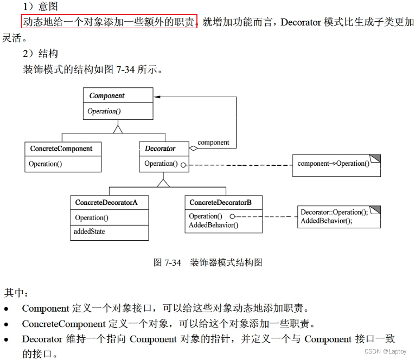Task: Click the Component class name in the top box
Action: click(x=107, y=95)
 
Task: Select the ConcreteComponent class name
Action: click(x=61, y=148)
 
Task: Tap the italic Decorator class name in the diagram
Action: click(x=160, y=148)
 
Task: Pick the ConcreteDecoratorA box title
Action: click(x=106, y=202)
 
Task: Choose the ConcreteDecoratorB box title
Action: click(x=220, y=202)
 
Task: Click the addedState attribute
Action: click(x=90, y=232)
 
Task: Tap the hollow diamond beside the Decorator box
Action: click(x=193, y=147)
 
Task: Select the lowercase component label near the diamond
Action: click(x=213, y=143)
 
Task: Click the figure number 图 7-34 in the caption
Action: click(x=167, y=262)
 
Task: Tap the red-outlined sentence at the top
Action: click(x=109, y=22)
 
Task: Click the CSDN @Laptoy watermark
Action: click(x=386, y=351)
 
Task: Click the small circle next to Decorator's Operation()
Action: click(x=184, y=164)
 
